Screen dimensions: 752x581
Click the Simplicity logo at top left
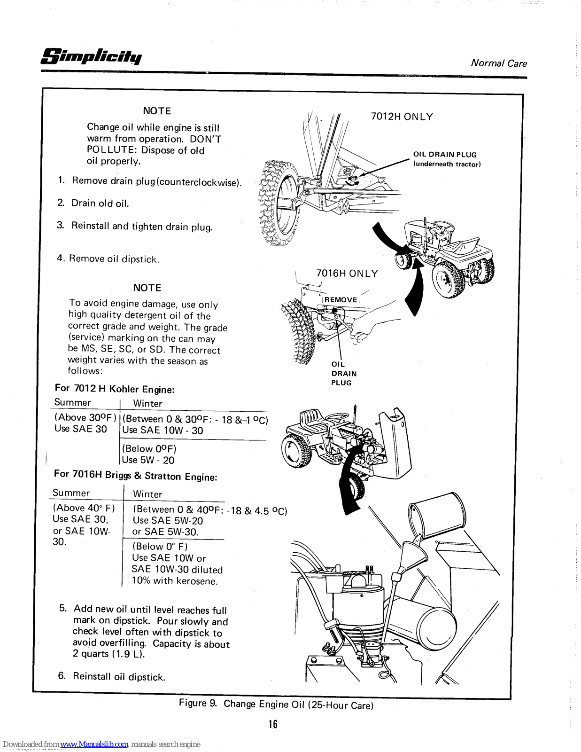91,56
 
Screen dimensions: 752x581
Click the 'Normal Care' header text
498,63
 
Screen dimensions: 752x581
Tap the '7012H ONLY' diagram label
402,117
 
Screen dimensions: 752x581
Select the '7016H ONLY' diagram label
347,274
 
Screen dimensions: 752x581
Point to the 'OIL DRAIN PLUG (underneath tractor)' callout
446,159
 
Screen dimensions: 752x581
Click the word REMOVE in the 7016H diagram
341,300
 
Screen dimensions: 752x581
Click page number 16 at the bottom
273,724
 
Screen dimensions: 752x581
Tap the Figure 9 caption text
276,704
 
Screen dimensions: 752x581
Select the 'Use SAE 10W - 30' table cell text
163,431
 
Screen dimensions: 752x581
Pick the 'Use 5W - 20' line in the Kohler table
148,460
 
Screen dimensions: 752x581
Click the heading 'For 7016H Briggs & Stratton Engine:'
135,475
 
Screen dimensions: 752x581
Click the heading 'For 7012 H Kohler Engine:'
115,389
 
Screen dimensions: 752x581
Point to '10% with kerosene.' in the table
175,581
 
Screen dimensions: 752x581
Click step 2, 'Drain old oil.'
100,204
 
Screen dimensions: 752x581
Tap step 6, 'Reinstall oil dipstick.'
119,677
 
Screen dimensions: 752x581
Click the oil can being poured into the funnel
439,515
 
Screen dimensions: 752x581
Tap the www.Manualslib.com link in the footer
94,744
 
